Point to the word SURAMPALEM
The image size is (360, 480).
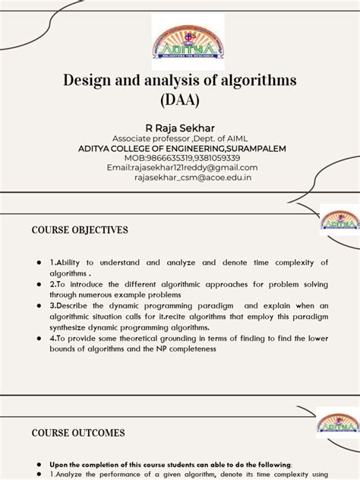(250, 148)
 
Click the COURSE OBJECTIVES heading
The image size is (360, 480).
(79, 229)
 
